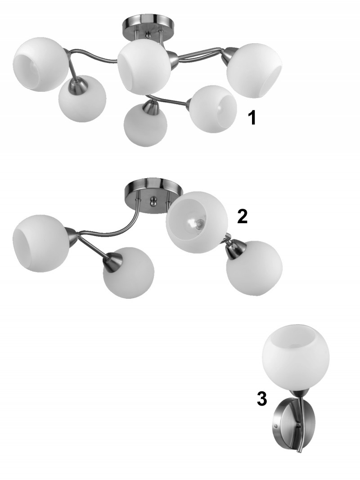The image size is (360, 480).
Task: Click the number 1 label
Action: (x=252, y=117)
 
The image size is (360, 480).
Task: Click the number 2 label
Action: (x=242, y=216)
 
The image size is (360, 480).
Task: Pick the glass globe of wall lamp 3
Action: (x=296, y=356)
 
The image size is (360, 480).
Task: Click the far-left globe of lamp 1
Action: (x=40, y=64)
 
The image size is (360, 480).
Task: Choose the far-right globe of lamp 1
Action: (x=254, y=71)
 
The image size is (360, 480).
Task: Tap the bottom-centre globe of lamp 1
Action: (x=145, y=125)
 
